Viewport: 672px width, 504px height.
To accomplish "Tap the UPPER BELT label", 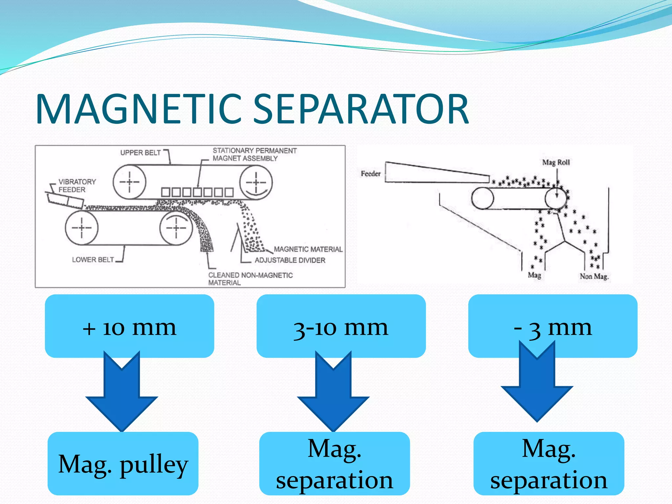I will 140,153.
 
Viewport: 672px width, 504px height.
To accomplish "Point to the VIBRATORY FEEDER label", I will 77,185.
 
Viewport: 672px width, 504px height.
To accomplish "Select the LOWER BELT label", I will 93,260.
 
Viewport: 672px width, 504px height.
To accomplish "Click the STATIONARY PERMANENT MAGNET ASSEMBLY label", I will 254,154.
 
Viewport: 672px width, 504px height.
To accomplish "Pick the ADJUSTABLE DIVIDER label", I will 290,260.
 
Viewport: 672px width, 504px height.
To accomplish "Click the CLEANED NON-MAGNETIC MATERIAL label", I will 250,279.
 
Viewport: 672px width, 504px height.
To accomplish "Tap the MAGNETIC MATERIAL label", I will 308,249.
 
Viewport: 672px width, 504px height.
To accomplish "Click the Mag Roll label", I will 556,162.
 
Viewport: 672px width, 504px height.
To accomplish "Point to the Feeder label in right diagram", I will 370,174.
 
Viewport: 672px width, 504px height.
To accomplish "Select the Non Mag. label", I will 594,276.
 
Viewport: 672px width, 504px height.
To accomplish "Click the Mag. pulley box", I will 123,463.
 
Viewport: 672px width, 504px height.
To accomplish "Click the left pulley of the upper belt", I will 129,182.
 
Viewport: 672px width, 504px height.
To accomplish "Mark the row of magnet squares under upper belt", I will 197,192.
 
